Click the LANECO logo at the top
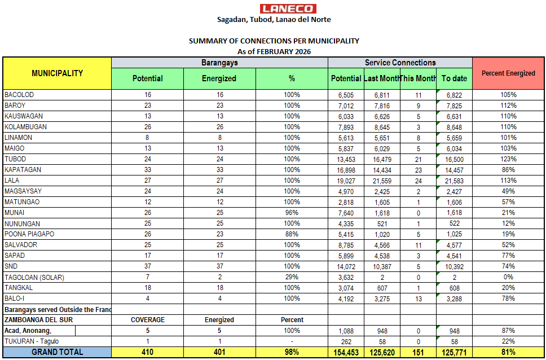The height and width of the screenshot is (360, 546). click(x=288, y=8)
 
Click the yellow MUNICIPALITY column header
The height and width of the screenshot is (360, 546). click(x=57, y=73)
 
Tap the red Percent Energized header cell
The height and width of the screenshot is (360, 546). click(x=508, y=73)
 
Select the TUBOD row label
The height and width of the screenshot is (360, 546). click(x=15, y=159)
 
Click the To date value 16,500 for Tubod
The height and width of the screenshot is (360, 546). click(x=454, y=159)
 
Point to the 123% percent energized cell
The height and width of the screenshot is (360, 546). click(x=508, y=159)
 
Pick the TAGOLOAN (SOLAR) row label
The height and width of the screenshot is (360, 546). click(x=34, y=277)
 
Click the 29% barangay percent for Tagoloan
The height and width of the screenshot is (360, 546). click(x=292, y=277)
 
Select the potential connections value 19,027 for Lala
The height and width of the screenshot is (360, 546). click(x=346, y=181)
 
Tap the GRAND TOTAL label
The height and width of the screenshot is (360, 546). click(x=57, y=352)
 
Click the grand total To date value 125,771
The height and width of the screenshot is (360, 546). click(x=454, y=353)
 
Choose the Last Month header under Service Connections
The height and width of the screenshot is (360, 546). click(x=382, y=78)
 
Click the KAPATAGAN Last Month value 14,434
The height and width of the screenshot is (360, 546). click(x=382, y=170)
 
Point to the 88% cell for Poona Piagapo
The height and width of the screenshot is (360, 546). click(x=292, y=234)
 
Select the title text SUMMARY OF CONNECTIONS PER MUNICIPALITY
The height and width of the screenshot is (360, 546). click(x=274, y=41)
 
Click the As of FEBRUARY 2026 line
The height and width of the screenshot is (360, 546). click(x=274, y=51)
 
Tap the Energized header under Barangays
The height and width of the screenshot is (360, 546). click(x=219, y=78)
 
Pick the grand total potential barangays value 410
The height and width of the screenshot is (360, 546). click(x=148, y=353)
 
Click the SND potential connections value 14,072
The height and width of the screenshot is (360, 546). click(x=346, y=266)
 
